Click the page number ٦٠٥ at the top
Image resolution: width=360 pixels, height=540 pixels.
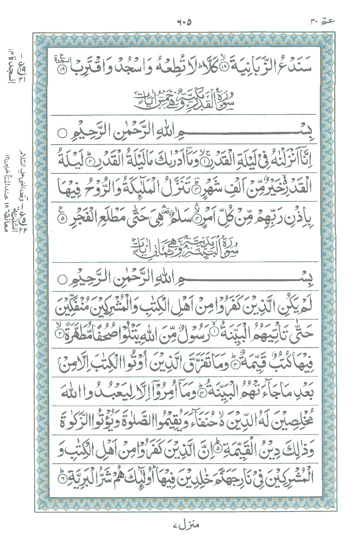tap(183, 22)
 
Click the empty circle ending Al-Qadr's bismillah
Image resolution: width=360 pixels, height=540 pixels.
tap(61, 134)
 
